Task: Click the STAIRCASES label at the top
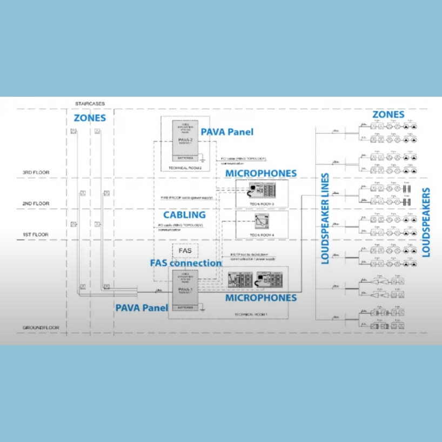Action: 91,103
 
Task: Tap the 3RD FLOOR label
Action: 36,173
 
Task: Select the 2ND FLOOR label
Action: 36,203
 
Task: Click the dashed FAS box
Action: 185,251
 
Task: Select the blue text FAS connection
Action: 185,263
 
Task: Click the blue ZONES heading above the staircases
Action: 90,118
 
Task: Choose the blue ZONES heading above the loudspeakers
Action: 388,115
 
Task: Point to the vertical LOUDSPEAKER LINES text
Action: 325,219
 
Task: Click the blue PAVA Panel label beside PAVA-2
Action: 226,131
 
